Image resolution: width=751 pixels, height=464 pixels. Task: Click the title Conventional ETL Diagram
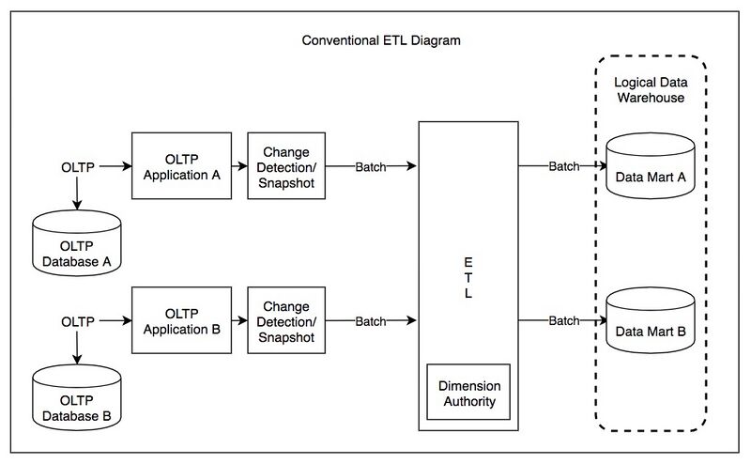[x=381, y=41]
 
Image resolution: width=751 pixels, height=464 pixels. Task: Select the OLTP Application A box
[x=182, y=165]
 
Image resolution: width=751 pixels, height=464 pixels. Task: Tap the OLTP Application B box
[x=182, y=320]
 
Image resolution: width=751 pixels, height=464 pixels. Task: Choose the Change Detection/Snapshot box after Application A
[x=286, y=165]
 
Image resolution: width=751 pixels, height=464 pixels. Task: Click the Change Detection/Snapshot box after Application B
[x=286, y=320]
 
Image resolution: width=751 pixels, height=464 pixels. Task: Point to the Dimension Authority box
[x=468, y=394]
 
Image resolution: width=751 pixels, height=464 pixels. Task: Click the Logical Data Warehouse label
[x=650, y=89]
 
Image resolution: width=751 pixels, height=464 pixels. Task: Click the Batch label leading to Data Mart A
[x=564, y=166]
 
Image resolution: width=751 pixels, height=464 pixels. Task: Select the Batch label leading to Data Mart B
[x=564, y=321]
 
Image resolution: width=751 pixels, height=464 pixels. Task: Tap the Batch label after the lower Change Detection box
[x=370, y=321]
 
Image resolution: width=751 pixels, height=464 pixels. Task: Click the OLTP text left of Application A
[x=77, y=166]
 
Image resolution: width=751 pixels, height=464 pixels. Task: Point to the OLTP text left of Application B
[x=77, y=321]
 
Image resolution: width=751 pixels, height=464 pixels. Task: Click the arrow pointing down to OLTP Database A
[x=77, y=193]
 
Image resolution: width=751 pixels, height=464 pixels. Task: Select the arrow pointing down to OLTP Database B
[x=77, y=348]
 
